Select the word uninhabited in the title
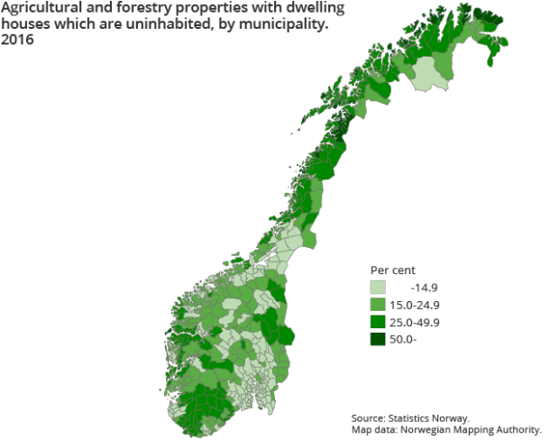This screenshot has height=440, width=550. pos(157,25)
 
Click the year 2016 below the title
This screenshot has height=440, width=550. pos(17,41)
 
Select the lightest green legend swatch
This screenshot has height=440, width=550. pos(378,288)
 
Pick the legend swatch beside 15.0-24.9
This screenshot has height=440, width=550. pos(378,305)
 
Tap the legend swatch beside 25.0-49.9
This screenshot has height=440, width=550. pos(378,322)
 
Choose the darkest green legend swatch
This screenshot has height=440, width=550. pos(378,339)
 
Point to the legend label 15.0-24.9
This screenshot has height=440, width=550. pos(415,305)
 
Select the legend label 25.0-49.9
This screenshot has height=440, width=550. pos(415,322)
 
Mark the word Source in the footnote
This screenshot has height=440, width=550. pos(367,418)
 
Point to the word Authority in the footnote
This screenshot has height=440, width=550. pos(517,430)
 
